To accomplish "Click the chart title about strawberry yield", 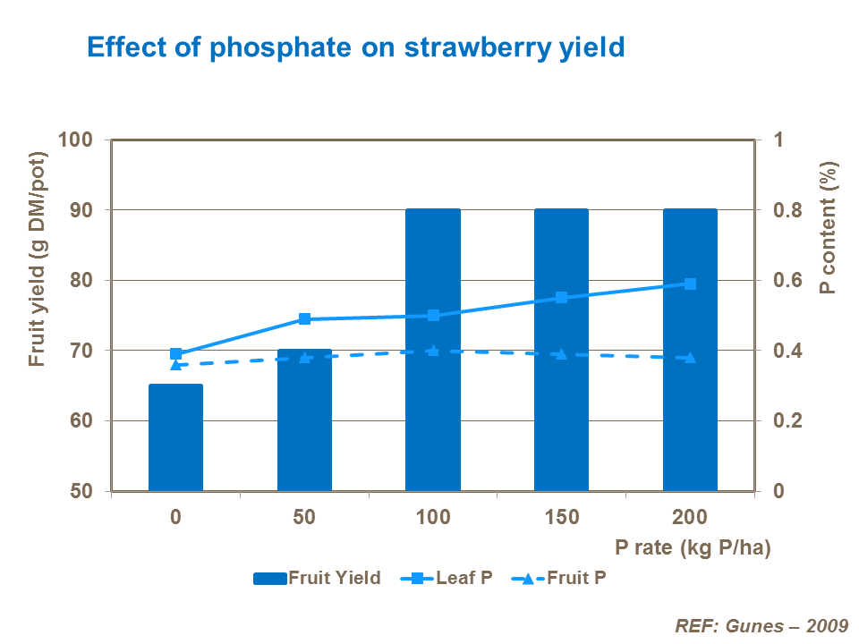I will (354, 47).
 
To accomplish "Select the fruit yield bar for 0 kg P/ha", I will (175, 438).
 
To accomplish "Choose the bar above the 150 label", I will (562, 402).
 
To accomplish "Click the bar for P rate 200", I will (690, 402).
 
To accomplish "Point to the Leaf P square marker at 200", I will (690, 284).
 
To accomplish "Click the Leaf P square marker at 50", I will (304, 319).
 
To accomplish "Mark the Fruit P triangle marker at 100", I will (433, 351).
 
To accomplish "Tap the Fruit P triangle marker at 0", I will (175, 364).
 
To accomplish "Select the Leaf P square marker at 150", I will (562, 297).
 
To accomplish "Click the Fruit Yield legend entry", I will (318, 578).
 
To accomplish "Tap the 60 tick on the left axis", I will (81, 421).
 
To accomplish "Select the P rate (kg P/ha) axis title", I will (693, 547).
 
